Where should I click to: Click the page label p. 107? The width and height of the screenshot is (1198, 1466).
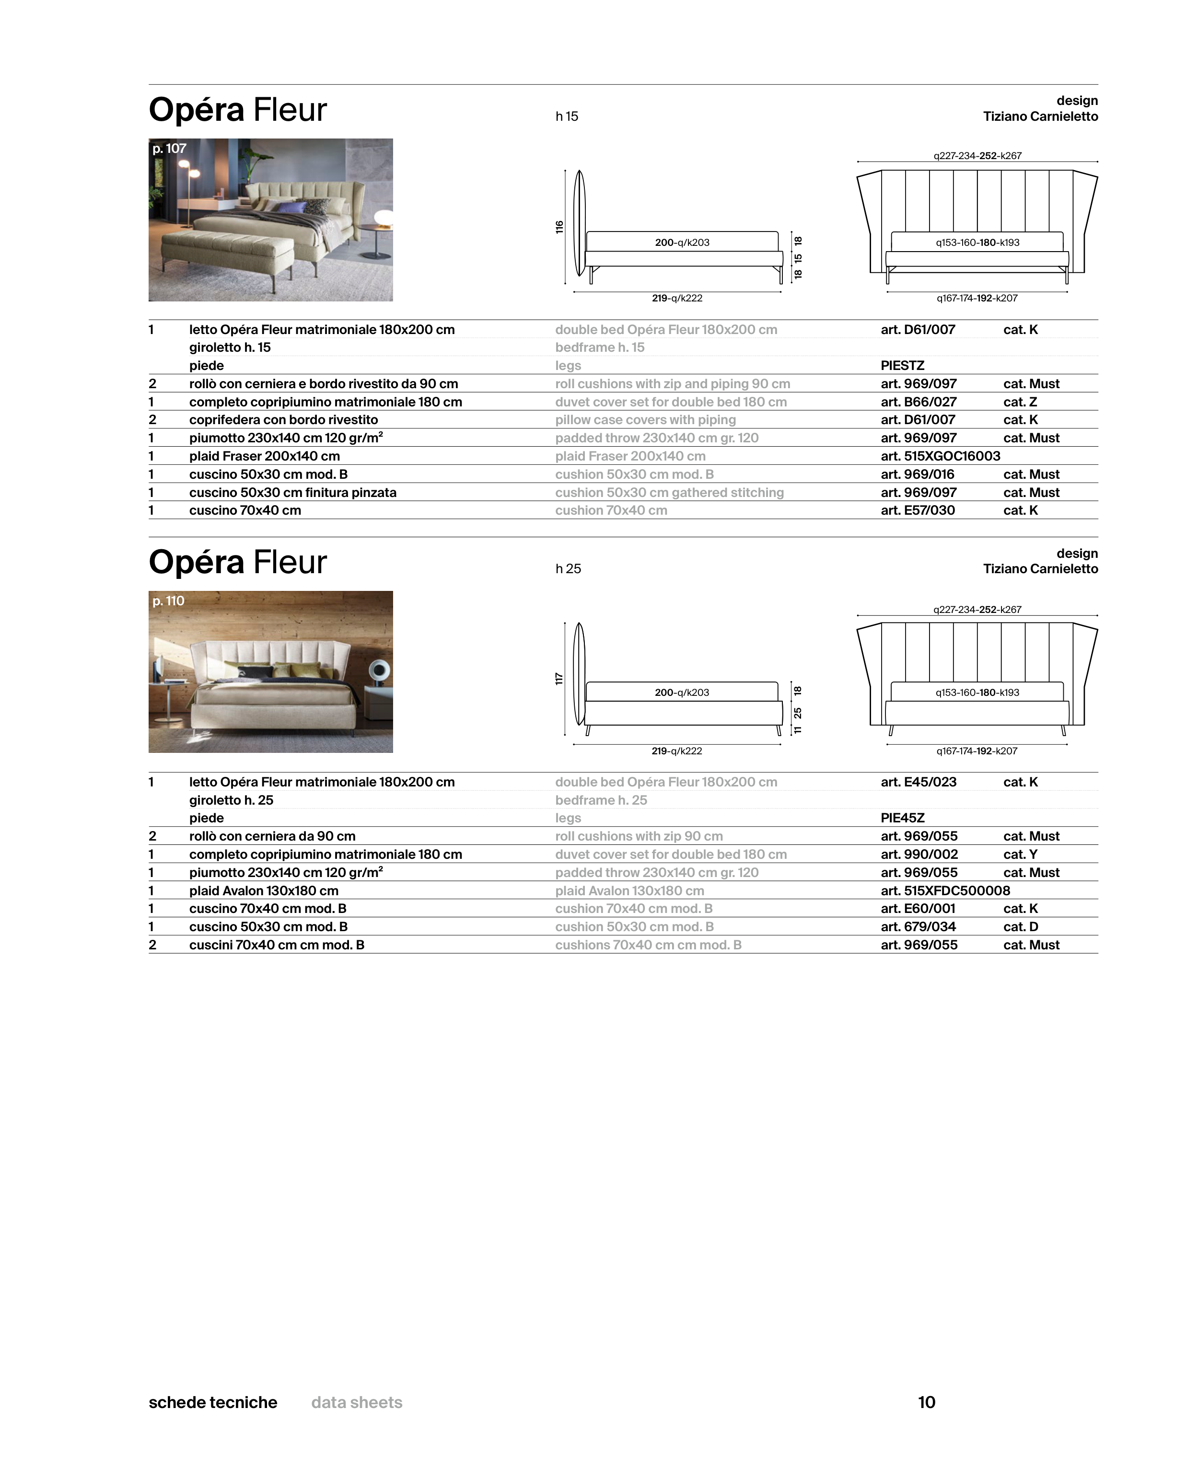point(169,148)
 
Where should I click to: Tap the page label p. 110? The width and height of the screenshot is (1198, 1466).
point(168,601)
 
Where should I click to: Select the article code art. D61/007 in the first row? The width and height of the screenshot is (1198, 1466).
point(918,330)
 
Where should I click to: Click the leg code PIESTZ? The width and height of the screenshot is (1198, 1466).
point(902,366)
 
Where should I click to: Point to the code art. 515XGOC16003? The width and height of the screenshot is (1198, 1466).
point(940,456)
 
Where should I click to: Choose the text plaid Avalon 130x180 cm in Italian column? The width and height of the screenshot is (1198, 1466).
point(264,890)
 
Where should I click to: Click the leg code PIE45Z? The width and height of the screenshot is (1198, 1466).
point(902,818)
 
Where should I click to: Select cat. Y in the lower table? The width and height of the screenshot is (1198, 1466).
point(1020,854)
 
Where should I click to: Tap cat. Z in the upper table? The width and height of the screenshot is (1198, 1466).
point(1020,402)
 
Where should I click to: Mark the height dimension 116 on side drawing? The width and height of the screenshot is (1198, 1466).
point(559,227)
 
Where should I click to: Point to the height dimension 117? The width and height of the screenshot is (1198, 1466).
point(559,679)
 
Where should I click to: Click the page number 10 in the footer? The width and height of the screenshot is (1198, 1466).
point(926,1402)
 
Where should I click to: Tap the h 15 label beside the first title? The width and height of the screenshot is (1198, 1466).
point(567,116)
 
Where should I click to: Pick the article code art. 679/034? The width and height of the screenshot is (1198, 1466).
point(918,926)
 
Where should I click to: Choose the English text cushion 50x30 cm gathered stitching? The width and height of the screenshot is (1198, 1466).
point(669,493)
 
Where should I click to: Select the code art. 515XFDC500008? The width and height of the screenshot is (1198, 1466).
point(945,890)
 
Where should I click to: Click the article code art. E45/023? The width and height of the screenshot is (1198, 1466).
point(919,782)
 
